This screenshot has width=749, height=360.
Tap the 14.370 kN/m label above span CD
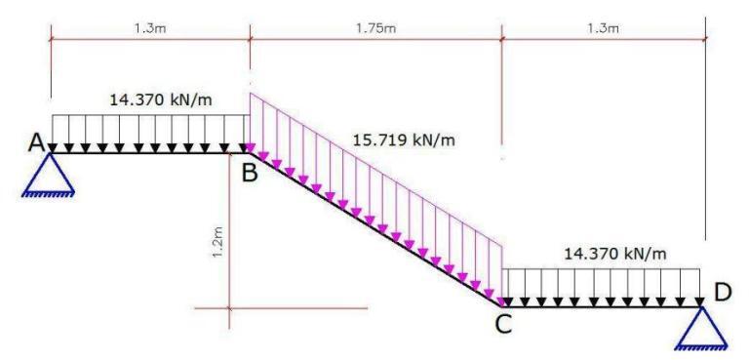click(614, 254)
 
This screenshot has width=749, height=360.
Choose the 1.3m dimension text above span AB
click(150, 26)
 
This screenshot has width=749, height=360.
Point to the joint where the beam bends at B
click(251, 152)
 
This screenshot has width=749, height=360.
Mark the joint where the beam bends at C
click(501, 305)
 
